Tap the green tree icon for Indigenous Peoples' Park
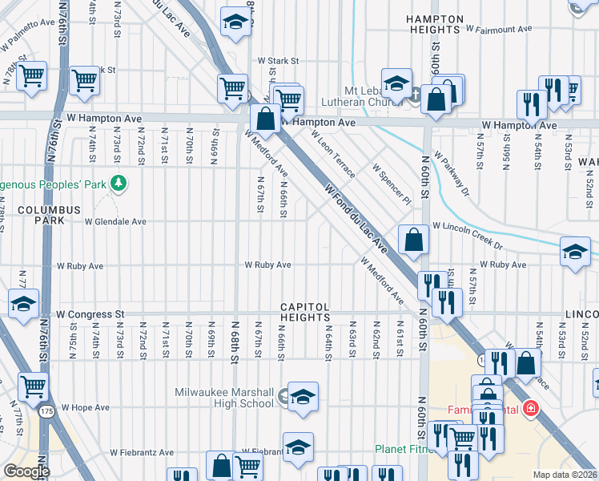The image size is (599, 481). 119,184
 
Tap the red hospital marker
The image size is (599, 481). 529,409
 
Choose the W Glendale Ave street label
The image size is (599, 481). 115,222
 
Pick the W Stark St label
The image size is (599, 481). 277,60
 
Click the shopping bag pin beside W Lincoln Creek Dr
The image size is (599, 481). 412,240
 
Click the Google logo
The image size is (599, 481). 26,471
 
